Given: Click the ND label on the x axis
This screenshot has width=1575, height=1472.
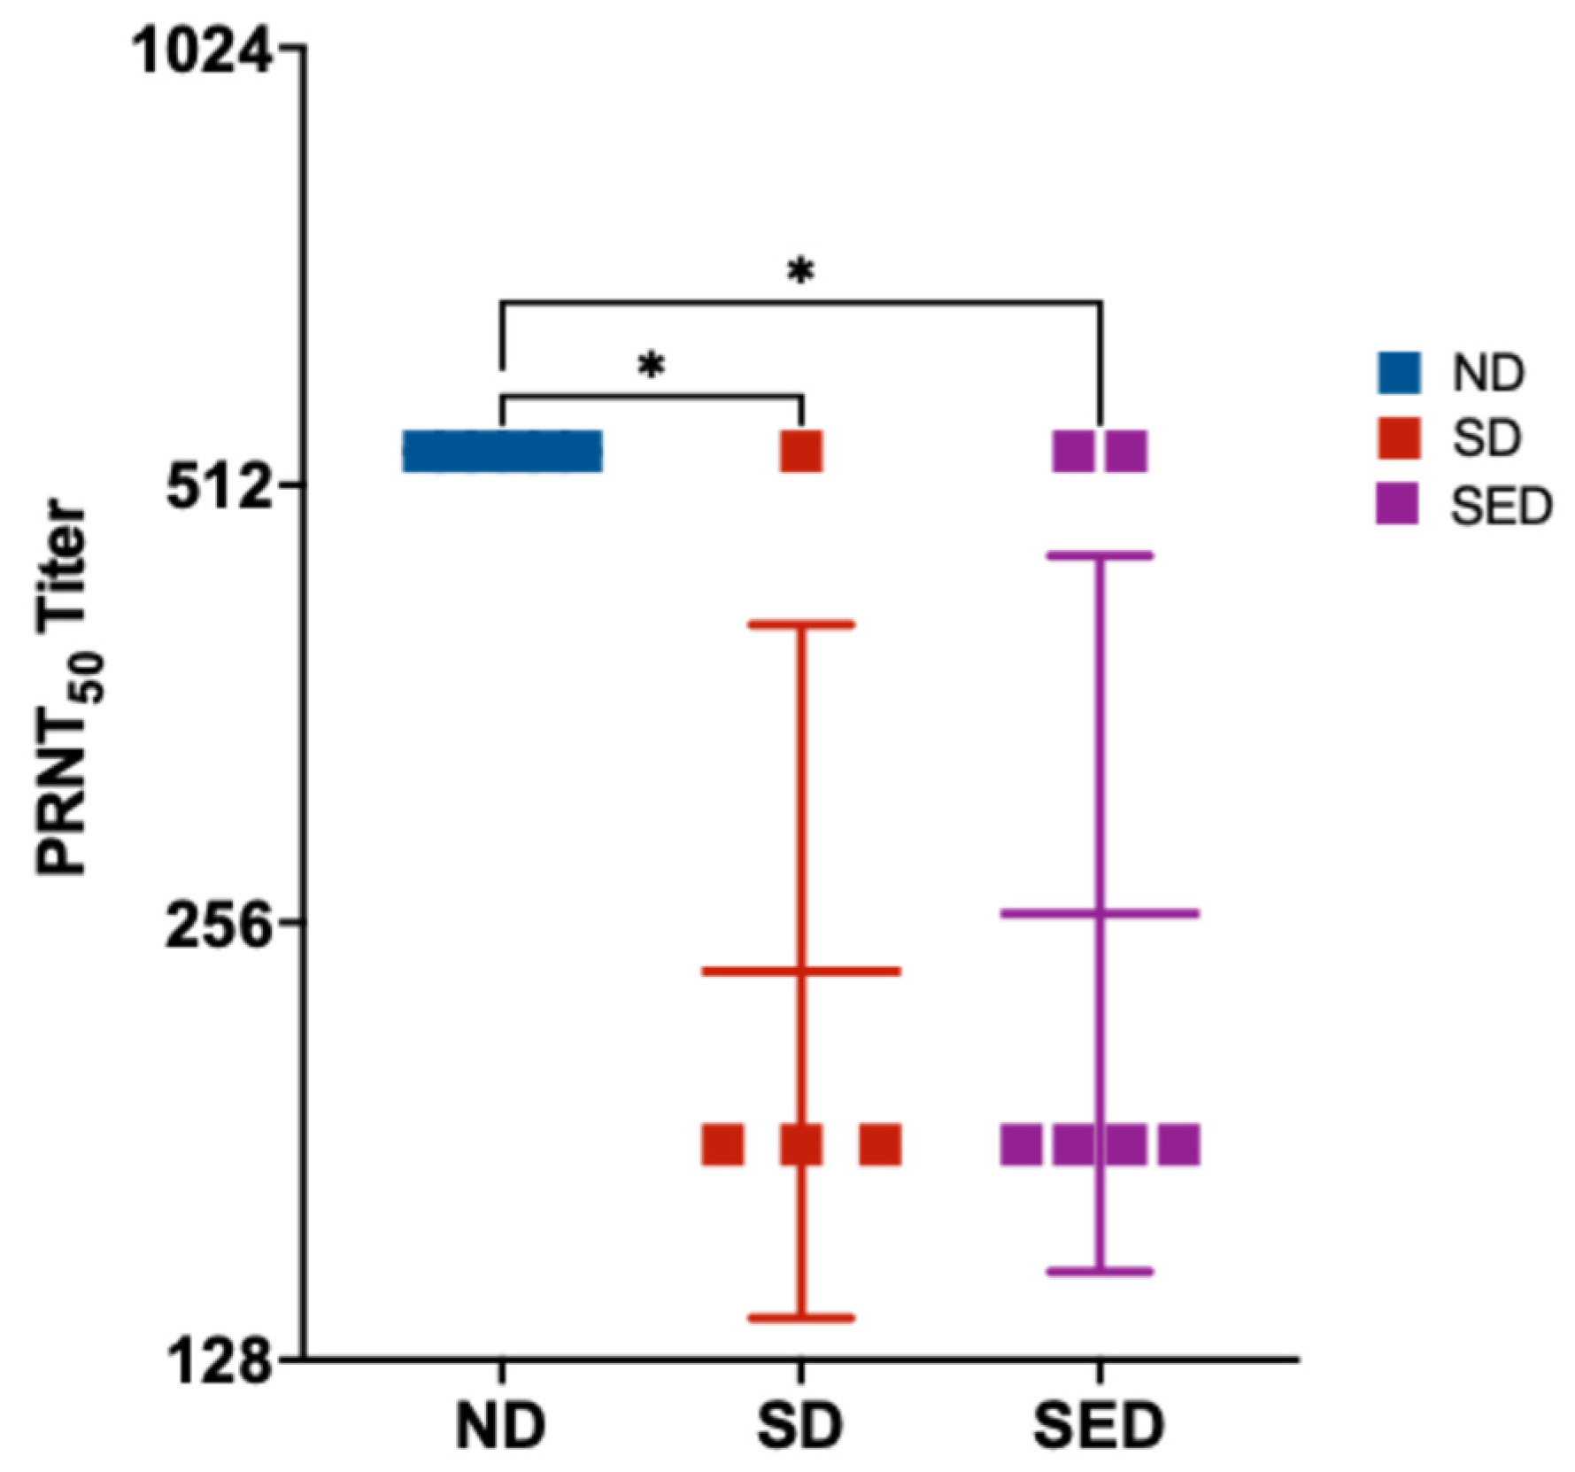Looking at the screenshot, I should coord(501,1425).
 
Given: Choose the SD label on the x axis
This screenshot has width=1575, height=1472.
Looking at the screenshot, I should coord(800,1425).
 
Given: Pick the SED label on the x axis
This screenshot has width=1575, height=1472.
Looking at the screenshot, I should coord(1099,1425).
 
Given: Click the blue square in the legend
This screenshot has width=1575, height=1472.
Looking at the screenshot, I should coord(1399,372).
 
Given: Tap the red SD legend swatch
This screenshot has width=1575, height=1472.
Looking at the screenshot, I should coord(1399,438).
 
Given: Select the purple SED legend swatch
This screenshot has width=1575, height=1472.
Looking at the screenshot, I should coord(1399,506).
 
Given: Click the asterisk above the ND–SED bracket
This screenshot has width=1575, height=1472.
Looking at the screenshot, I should coord(800,273).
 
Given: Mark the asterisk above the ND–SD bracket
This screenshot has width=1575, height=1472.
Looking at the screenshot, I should coord(651,366).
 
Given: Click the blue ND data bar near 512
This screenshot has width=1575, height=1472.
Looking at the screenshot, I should coord(502,452).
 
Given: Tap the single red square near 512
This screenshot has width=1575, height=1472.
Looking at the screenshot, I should coord(801,452).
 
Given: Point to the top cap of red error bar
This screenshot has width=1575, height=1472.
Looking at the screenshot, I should coord(801,624).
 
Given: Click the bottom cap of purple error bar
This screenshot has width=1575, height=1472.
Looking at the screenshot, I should coord(1100,1272).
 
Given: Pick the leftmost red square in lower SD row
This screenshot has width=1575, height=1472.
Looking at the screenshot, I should coord(722,1144).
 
